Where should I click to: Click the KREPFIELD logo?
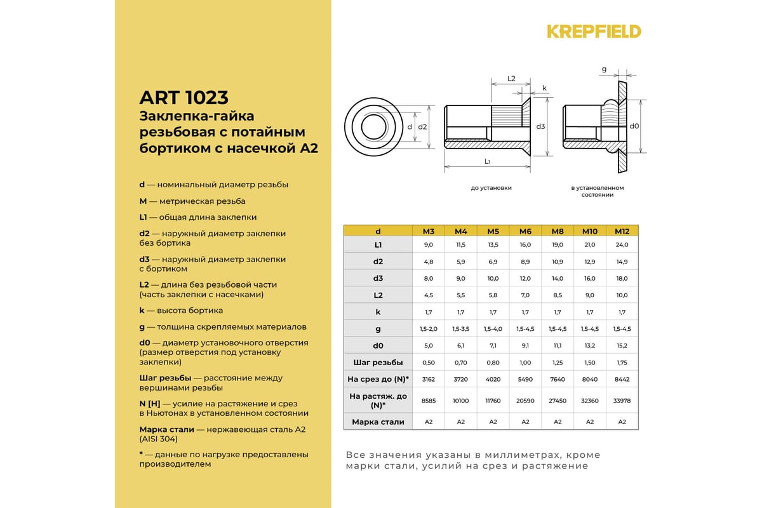(594, 31)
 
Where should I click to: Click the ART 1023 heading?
(184, 98)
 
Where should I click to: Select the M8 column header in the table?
(558, 231)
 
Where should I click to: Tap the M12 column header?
(622, 231)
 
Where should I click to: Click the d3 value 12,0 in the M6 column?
(525, 278)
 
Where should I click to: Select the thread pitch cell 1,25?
(558, 362)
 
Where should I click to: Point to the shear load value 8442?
(622, 379)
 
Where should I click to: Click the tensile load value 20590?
(525, 400)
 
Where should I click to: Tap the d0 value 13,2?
(589, 345)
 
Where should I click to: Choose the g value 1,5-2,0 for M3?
(428, 328)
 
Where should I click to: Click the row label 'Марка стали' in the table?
(378, 422)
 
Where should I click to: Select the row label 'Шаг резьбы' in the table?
(378, 362)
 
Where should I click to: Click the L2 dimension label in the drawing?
(511, 79)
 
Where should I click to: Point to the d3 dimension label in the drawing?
(541, 126)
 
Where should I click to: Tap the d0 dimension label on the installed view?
(634, 126)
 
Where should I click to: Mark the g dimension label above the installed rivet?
(604, 69)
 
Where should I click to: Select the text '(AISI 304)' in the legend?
(159, 438)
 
